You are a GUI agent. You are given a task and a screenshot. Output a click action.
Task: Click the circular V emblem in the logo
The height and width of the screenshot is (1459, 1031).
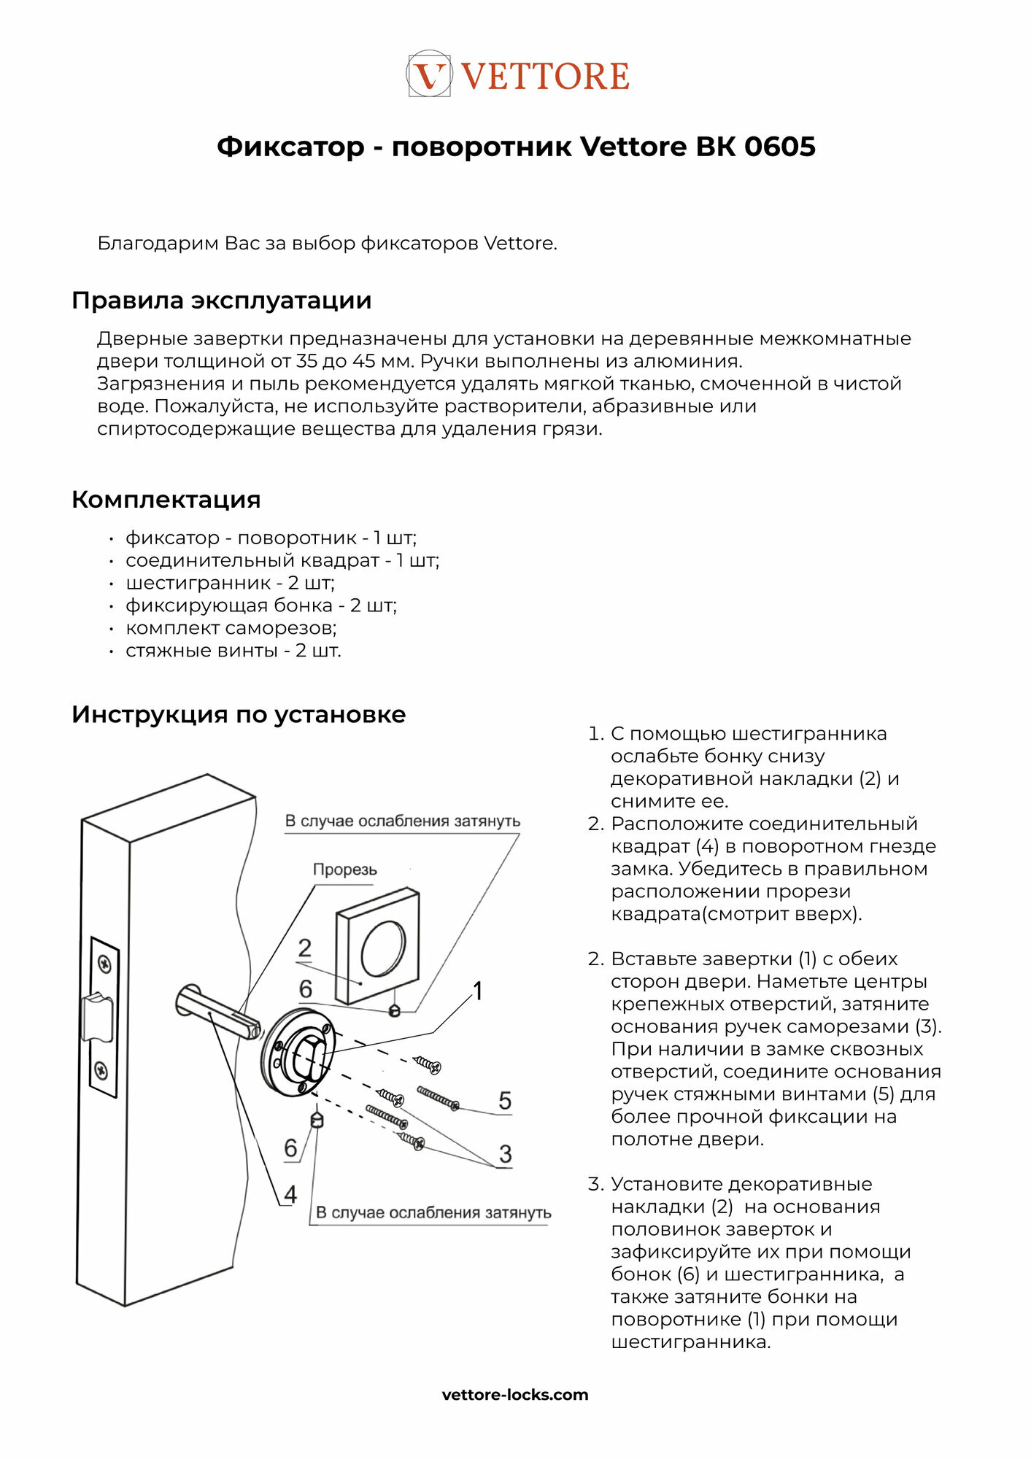pos(429,74)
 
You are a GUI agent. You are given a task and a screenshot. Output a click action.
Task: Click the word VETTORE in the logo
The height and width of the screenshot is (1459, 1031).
pos(545,77)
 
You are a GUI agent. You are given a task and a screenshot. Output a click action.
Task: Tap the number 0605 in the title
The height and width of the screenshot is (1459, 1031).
pos(779,147)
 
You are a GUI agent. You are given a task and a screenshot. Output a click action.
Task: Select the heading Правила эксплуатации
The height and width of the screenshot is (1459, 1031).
pos(221,301)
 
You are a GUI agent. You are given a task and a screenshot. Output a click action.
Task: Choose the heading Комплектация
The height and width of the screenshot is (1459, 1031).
pos(166,500)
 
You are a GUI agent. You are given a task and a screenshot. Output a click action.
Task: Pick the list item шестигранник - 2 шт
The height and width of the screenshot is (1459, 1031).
pos(229,583)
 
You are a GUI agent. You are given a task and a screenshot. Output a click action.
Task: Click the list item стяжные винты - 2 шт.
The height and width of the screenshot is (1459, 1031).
pos(233,651)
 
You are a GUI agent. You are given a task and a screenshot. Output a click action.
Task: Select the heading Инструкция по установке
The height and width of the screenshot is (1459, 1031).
pos(238,714)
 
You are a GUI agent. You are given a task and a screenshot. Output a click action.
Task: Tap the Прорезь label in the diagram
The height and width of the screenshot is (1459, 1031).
pos(344,870)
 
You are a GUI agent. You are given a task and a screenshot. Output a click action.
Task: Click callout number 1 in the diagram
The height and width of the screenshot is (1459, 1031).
pos(478,991)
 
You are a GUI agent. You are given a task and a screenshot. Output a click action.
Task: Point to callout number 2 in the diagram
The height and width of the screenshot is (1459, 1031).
pos(305,948)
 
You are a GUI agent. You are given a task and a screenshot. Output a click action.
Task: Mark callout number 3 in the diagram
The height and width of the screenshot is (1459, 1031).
pos(505,1154)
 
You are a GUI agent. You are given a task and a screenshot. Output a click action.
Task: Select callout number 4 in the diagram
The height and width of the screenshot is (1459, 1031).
pos(290,1195)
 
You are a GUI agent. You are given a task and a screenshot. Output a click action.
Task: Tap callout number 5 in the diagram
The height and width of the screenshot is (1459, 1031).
pos(505,1100)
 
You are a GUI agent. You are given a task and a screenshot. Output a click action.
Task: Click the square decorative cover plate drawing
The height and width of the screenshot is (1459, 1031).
pos(377,945)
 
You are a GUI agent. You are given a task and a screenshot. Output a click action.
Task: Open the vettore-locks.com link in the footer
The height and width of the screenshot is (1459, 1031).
pos(515,1395)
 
